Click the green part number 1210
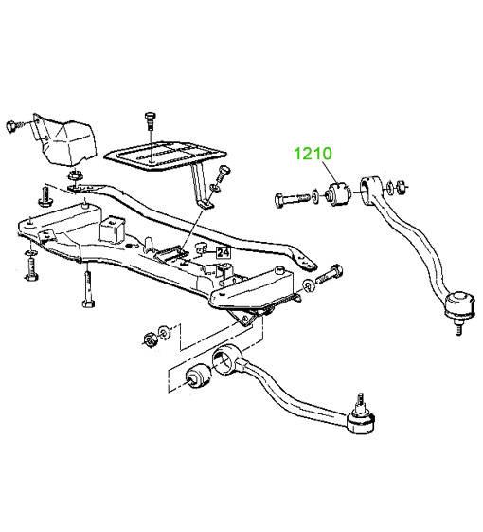pyautogui.click(x=313, y=154)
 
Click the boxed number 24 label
pyautogui.click(x=224, y=252)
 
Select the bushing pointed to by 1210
pyautogui.click(x=337, y=193)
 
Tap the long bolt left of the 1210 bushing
pyautogui.click(x=293, y=199)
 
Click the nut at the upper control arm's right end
pyautogui.click(x=402, y=186)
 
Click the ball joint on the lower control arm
pyautogui.click(x=362, y=418)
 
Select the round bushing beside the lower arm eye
pyautogui.click(x=199, y=376)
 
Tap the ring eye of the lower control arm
pyautogui.click(x=226, y=360)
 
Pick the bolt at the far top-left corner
pyautogui.click(x=15, y=127)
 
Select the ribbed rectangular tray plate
pyautogui.click(x=165, y=157)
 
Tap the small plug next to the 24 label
pyautogui.click(x=202, y=248)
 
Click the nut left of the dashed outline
pyautogui.click(x=149, y=339)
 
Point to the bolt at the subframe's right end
pyautogui.click(x=330, y=275)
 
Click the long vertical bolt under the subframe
pyautogui.click(x=88, y=287)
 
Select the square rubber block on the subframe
pyautogui.click(x=112, y=229)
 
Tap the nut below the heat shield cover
pyautogui.click(x=73, y=176)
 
